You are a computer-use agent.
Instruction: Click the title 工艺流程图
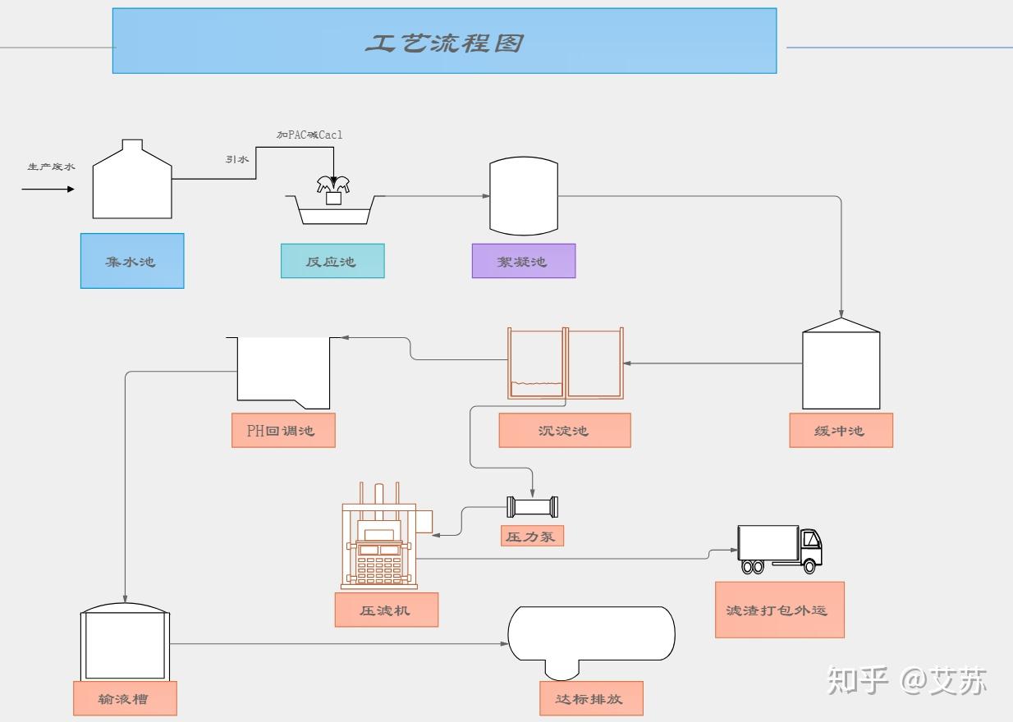point(444,43)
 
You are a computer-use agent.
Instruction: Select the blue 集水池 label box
point(132,261)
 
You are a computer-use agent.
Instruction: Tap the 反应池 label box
point(332,261)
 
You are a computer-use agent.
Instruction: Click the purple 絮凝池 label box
point(523,261)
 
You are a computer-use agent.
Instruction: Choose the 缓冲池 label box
point(841,430)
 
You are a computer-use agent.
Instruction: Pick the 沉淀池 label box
point(565,430)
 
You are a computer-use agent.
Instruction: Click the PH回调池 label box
point(283,430)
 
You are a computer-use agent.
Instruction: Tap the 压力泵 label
point(533,537)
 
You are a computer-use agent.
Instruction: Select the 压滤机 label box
point(386,610)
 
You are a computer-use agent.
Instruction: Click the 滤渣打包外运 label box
point(780,610)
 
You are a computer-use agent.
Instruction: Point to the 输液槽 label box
point(125,698)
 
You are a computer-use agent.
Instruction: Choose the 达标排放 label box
point(592,698)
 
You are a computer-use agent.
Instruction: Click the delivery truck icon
point(779,549)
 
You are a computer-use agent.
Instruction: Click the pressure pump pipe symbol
point(533,506)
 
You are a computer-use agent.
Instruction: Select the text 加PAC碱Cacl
point(309,135)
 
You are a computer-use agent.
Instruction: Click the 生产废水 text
point(51,167)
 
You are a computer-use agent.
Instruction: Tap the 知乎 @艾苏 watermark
point(907,680)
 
